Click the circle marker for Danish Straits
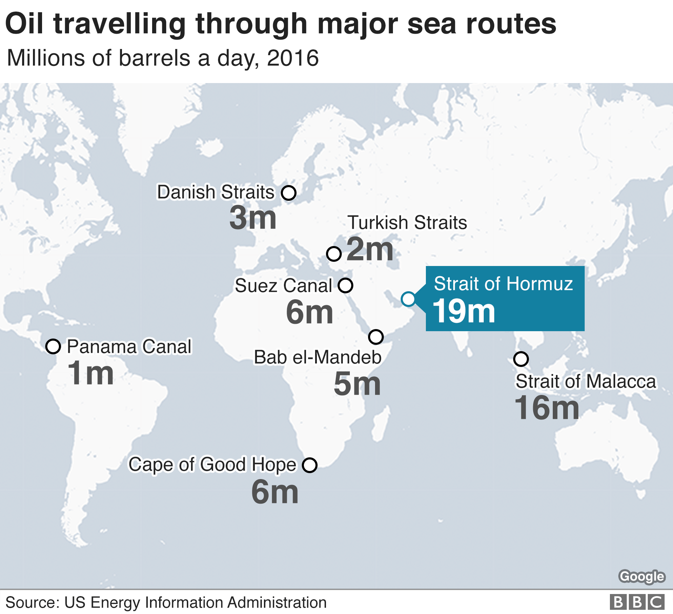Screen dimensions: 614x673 pos(289,193)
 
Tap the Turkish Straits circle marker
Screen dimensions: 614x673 pos(334,253)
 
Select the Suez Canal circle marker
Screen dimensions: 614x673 pos(345,285)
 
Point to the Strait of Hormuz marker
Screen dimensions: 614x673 pos(408,299)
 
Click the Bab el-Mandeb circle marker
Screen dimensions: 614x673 pos(376,337)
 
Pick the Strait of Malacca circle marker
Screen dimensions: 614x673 pos(521,359)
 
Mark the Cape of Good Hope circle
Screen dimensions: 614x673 pos(310,465)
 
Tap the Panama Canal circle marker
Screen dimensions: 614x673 pos(53,347)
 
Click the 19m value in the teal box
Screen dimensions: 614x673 pos(464,311)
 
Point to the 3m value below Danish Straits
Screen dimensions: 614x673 pos(253,218)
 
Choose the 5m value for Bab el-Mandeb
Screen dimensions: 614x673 pos(357,384)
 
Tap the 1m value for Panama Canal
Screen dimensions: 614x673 pos(90,373)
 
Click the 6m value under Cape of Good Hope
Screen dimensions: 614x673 pos(275,492)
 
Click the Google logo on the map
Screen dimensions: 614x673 pos(641,577)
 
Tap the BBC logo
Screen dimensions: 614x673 pos(637,602)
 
